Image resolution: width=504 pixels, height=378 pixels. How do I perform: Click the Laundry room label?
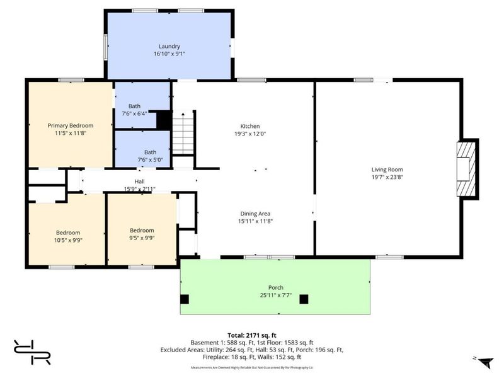coord(169,46)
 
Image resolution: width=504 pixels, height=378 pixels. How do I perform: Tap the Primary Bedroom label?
coord(71,125)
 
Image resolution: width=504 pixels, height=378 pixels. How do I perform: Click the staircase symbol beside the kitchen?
coord(183,133)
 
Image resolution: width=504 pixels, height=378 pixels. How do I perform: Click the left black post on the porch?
coord(185,299)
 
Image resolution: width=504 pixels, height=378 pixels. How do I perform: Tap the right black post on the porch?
coord(304,299)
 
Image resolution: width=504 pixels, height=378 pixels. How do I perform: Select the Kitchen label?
coord(250,126)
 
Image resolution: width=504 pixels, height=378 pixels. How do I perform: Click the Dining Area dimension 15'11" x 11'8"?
coord(255,221)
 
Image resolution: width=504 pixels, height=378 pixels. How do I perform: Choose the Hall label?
coord(139,181)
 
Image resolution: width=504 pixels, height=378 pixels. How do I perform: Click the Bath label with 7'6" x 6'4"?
coord(134,106)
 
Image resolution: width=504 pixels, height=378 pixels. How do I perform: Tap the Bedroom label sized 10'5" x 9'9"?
coord(68,232)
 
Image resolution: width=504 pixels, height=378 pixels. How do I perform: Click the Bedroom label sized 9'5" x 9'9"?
coord(142,231)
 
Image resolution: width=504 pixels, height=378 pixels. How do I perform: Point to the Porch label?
coord(276,287)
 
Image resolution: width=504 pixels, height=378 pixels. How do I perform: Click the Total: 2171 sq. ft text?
coord(252,335)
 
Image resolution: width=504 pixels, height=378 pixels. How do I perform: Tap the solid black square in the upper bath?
coord(164,120)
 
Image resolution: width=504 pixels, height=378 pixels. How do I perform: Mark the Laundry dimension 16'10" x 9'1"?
coord(169,54)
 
